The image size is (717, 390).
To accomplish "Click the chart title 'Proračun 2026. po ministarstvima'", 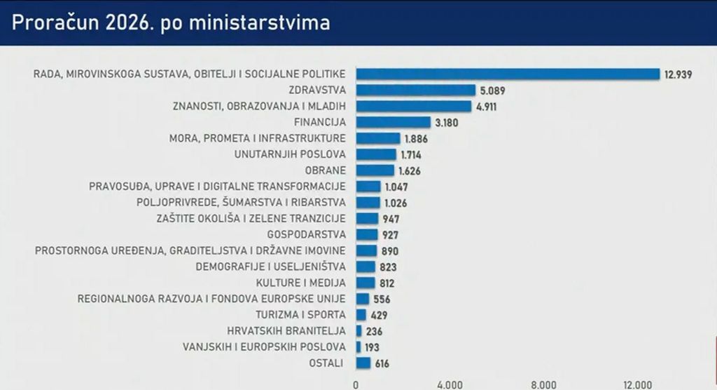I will pos(170,22).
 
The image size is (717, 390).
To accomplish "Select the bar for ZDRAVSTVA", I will pos(415,90).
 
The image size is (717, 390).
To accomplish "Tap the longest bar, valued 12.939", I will pos(508,74).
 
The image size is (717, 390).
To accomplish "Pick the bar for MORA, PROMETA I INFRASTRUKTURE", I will pos(378,138).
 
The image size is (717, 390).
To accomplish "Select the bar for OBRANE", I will pos(375,170).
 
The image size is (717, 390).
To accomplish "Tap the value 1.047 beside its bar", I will pos(395,187).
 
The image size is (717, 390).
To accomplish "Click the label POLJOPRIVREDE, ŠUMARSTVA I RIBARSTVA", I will pos(241,202).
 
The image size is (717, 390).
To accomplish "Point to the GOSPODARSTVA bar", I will pos(367,234).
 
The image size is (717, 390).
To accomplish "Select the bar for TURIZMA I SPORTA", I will pos(361,315).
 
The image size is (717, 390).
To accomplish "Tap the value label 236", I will pos(374,331).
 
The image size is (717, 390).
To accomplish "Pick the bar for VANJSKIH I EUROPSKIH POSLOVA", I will pos(358,347).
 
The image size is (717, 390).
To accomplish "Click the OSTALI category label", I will pos(326,363).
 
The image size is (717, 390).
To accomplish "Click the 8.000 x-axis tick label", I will pos(543,384).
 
